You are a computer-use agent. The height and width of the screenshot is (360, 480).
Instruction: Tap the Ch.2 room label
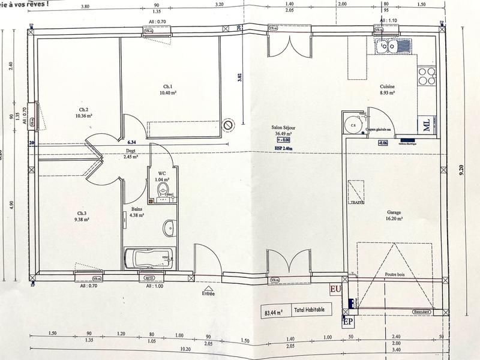tap(83, 110)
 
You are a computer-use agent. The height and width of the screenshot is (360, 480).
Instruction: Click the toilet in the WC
tap(163, 191)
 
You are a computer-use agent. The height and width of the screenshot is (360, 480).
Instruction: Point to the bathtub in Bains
tap(148, 259)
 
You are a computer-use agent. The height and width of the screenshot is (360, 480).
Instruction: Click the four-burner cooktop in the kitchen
tap(427, 76)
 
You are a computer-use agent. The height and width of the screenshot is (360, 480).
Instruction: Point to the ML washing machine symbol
tap(426, 124)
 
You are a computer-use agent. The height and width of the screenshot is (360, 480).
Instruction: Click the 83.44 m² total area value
tap(273, 312)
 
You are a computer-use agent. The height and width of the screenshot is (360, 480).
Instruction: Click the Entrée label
tap(208, 294)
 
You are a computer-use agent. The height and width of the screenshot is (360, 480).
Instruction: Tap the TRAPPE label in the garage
tap(352, 203)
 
